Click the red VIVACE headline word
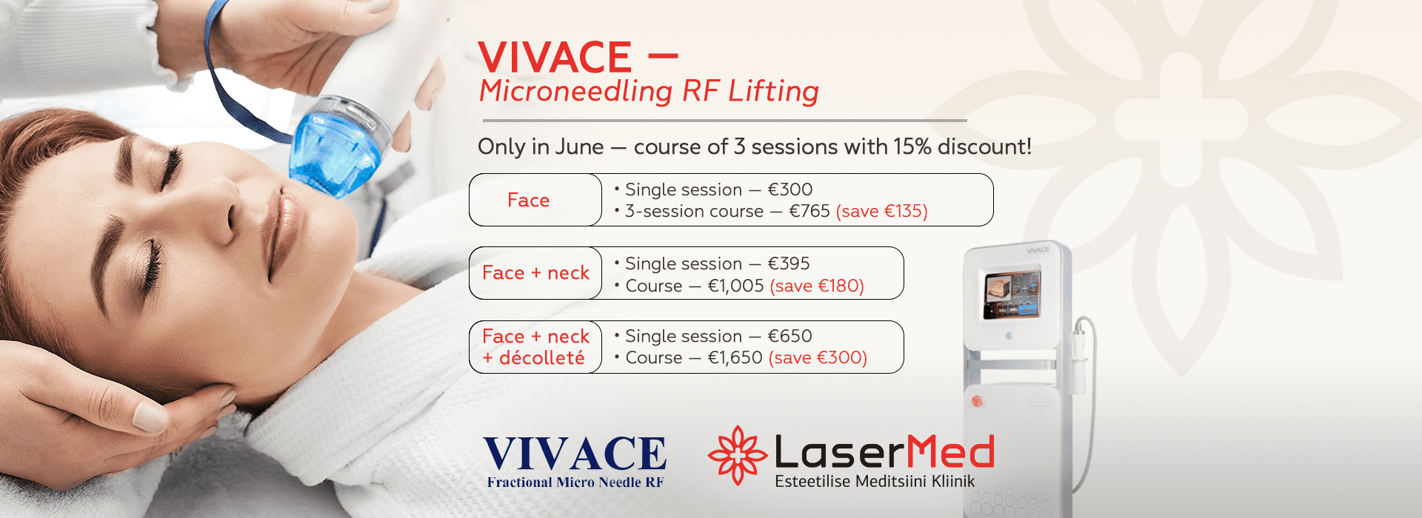555,57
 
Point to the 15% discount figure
912,147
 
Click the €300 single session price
790,189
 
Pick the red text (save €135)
881,212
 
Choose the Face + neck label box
535,273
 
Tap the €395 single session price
789,263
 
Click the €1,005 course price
735,286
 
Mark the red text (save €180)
817,286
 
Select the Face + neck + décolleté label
535,347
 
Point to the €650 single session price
790,336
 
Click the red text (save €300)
818,358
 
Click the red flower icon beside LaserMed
738,455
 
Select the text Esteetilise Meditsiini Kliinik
875,482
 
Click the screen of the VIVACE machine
1012,294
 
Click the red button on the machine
977,401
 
